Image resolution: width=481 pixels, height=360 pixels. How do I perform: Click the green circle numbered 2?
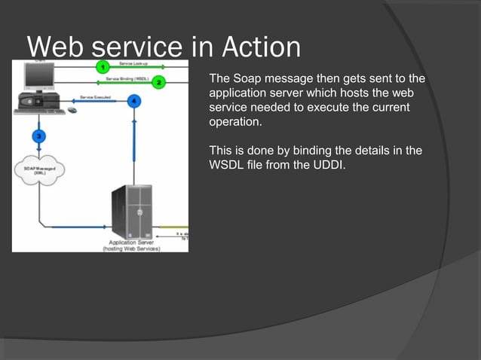click(158, 82)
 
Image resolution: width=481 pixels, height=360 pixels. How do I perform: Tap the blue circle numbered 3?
click(38, 136)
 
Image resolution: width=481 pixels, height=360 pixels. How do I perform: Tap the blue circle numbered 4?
click(133, 101)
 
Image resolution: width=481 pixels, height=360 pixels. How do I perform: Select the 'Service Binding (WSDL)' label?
click(127, 78)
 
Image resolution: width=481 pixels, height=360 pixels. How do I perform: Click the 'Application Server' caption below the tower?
click(131, 243)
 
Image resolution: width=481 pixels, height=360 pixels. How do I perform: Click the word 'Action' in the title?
click(261, 47)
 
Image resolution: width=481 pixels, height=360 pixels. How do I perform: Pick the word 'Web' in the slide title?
click(57, 47)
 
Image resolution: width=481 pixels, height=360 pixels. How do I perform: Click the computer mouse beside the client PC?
click(72, 110)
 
